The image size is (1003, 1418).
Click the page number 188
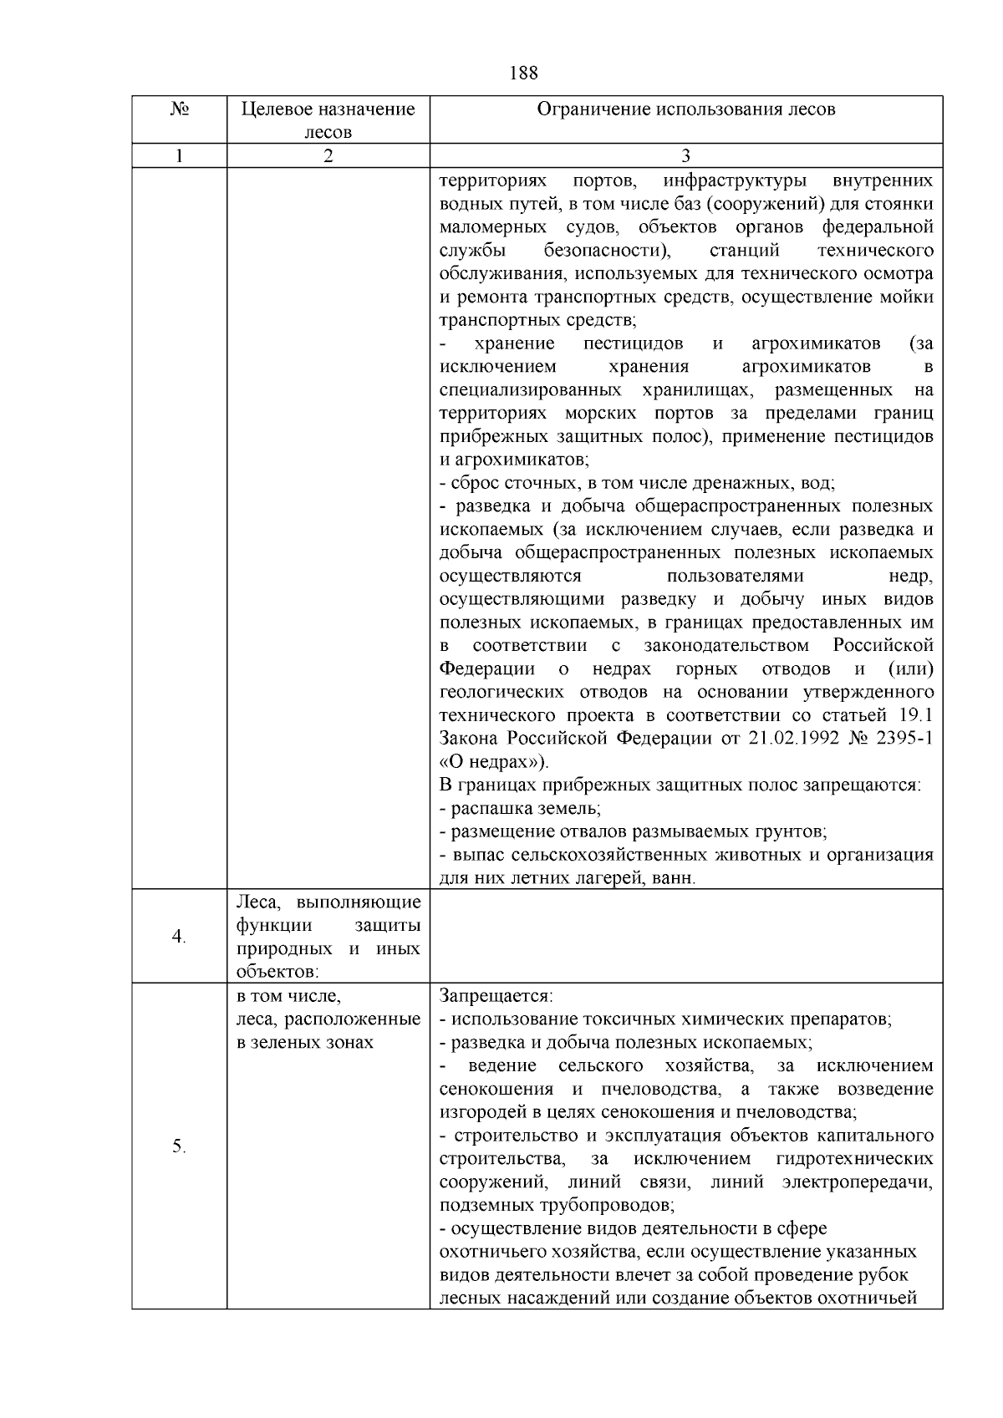pos(523,73)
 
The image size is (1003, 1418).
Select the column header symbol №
pos(179,109)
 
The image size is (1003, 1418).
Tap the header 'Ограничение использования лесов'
pos(685,109)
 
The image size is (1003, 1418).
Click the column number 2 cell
pos(328,155)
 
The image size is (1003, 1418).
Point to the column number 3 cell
pos(685,155)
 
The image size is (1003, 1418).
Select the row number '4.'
pos(179,937)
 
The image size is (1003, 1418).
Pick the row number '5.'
pos(179,1146)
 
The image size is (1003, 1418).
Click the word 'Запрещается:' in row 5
pos(496,997)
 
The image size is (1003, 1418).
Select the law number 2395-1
pos(904,739)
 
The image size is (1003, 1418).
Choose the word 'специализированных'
pos(530,390)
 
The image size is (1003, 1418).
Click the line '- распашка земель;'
pos(520,809)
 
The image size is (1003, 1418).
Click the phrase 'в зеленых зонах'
pos(306,1043)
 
